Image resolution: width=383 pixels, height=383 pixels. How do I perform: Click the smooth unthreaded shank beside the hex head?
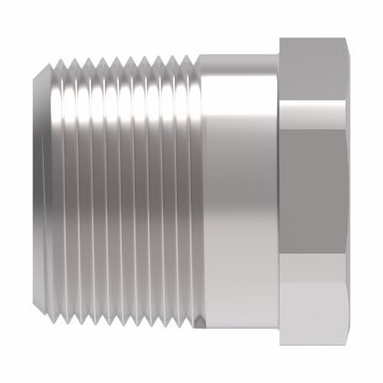point(237,191)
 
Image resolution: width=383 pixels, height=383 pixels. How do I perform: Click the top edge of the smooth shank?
point(237,55)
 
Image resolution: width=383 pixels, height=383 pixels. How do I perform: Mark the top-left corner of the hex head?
point(280,38)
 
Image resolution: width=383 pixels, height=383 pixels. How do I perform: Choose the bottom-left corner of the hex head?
point(280,345)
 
